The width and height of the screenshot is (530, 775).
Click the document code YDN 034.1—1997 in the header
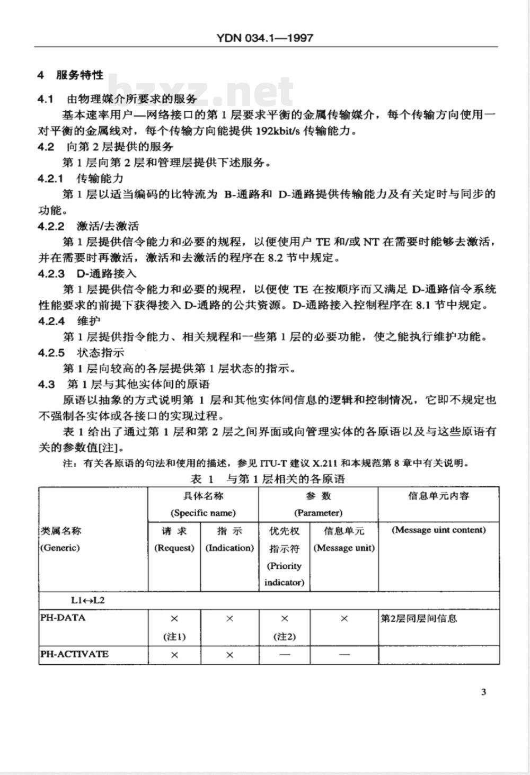point(265,38)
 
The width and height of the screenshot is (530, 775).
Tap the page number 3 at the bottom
point(483,692)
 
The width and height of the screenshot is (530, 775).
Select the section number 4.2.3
point(51,273)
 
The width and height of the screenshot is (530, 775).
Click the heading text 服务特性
point(79,75)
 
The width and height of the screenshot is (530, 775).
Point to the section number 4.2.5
point(51,352)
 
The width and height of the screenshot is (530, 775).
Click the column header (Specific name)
point(203,513)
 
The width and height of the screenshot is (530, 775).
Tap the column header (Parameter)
point(318,513)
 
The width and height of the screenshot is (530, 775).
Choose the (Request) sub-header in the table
point(174,548)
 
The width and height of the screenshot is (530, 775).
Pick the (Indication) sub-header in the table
point(229,548)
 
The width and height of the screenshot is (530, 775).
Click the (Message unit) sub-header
point(344,548)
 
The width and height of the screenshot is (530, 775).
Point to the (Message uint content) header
point(438,530)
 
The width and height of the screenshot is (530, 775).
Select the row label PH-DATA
point(63,618)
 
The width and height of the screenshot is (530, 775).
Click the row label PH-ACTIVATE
point(74,654)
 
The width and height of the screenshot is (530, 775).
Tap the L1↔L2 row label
point(89,600)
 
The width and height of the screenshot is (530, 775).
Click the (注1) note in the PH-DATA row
point(174,636)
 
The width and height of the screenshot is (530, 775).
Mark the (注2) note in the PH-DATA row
point(285,636)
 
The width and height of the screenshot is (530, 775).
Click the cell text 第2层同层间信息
point(419,618)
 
